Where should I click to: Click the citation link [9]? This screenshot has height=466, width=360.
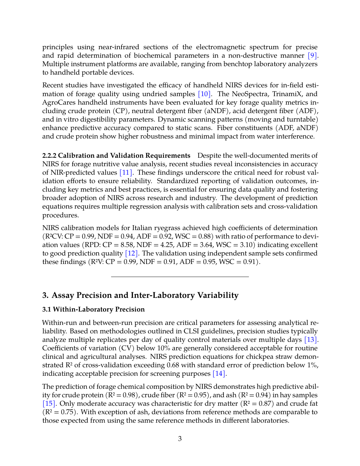click(312, 55)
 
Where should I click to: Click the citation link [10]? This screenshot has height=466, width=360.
click(205, 94)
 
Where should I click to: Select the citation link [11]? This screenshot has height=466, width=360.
click(126, 172)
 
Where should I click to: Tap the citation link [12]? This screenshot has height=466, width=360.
click(132, 253)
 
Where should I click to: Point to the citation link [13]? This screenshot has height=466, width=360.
click(311, 340)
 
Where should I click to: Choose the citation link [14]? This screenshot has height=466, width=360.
click(219, 373)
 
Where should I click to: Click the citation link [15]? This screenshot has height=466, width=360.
click(49, 403)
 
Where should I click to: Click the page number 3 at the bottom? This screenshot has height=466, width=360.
click(180, 439)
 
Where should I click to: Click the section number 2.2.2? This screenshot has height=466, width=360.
click(49, 155)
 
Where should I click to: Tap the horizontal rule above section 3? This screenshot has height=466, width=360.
click(180, 277)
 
